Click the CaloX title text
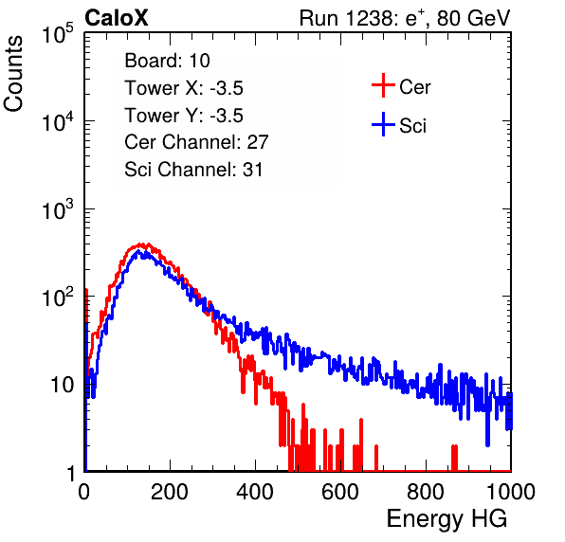point(117,18)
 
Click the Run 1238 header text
point(405,18)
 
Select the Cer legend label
point(414,87)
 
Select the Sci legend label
point(412,126)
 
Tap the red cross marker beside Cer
point(383,85)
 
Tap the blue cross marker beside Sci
point(383,124)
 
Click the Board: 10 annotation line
point(167,61)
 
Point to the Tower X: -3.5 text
point(184,88)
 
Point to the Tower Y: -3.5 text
point(184,116)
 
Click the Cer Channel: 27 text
point(196,142)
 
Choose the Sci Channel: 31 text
point(193,170)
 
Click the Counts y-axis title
point(13,74)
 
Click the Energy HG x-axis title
point(447,518)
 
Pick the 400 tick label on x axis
point(255,492)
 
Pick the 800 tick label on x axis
point(426,492)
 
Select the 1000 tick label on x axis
point(511,492)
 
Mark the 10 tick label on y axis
point(63,385)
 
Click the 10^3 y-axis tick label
point(58,209)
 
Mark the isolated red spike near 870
point(454,458)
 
